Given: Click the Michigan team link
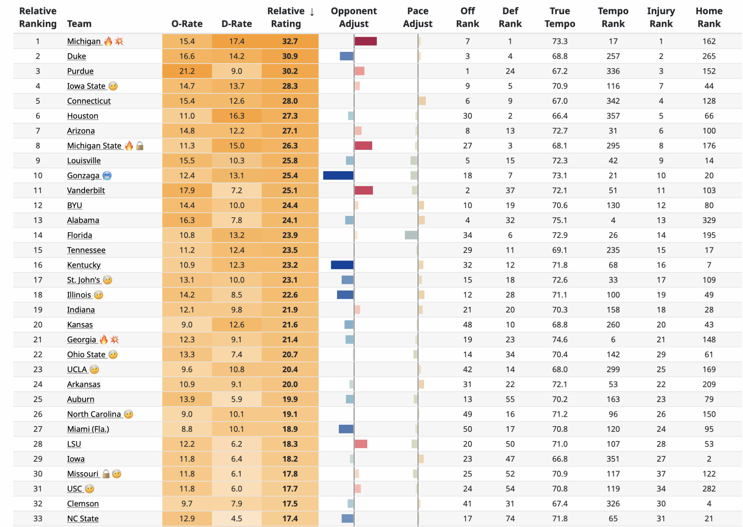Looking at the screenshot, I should pos(84,41).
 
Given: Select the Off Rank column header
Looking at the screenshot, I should pos(467,17).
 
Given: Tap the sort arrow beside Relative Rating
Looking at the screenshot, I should pos(312,12).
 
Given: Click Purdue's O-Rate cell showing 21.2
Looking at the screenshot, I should pos(187,71).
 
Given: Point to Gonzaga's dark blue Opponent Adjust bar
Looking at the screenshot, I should pos(338,176).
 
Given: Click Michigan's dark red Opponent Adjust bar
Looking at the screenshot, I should pos(365,41).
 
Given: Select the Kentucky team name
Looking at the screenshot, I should pos(84,265).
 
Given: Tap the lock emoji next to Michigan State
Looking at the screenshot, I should pos(140,146).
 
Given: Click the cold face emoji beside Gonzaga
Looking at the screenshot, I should pos(107,176).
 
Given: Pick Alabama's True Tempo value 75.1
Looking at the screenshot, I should pos(559,220).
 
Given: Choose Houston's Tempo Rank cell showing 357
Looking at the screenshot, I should pos(613,116).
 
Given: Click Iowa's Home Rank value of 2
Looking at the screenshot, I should pos(709,459).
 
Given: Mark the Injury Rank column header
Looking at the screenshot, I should pos(661,17).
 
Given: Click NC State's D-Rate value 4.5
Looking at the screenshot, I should pos(237,519).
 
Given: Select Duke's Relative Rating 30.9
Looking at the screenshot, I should pos(290,56).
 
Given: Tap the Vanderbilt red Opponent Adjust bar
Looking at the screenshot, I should pos(364,190).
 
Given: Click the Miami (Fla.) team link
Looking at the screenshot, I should pos(88,429).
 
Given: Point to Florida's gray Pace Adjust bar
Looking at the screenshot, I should pos(411,235).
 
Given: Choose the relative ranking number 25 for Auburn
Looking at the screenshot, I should pos(38,399).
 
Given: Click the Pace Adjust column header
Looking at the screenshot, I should pos(418,17).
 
